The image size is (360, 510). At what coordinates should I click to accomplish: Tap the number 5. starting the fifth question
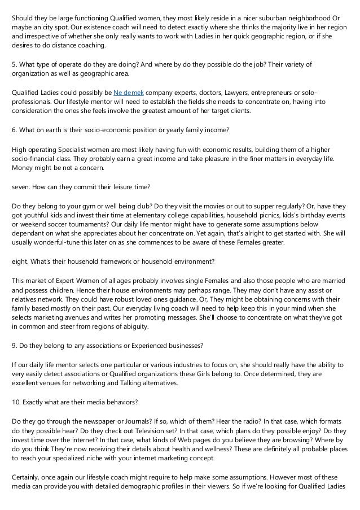[x=14, y=64]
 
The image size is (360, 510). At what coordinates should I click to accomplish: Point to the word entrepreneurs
[x=269, y=91]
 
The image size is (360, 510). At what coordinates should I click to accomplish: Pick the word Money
[x=23, y=168]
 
